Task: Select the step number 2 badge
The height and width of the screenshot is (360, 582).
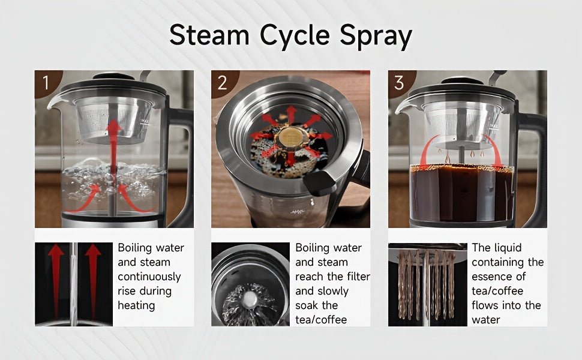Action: coord(222,82)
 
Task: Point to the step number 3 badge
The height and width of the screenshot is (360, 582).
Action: coord(399,82)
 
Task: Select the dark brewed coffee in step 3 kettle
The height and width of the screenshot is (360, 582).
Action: coord(462,192)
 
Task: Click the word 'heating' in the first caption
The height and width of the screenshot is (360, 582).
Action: coord(136,305)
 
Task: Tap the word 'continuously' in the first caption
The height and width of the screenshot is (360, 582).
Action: coord(149,277)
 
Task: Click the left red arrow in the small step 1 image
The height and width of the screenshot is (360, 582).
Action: coord(56,279)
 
